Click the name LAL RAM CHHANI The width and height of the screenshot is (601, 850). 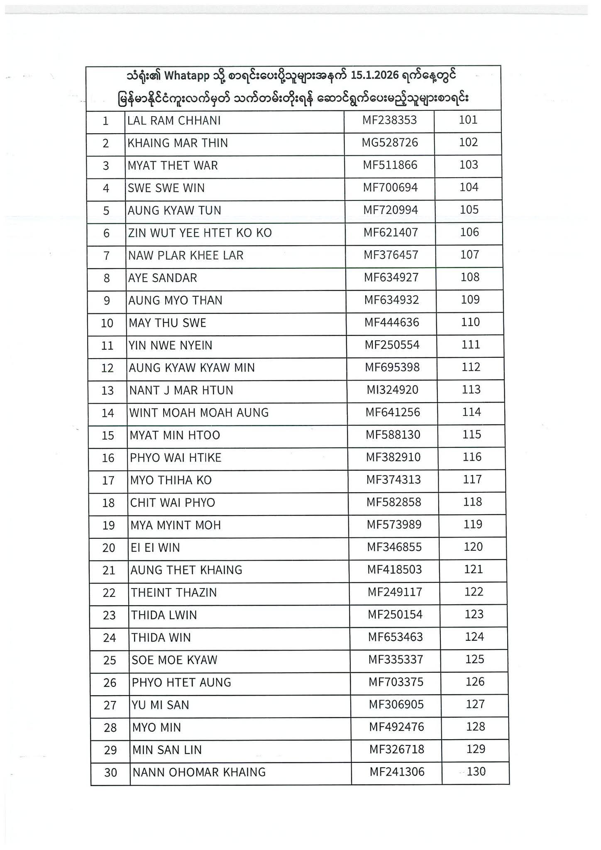coord(174,121)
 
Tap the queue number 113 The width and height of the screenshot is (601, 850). coord(471,390)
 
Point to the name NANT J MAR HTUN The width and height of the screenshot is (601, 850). coord(181,391)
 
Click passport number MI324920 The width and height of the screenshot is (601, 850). coord(392,390)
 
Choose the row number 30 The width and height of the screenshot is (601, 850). coord(110,773)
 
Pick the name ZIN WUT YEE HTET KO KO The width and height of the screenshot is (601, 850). coord(200,233)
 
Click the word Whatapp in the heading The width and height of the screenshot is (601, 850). coord(187,76)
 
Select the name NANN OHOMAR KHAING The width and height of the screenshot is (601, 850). coord(199,772)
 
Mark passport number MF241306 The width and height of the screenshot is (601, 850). coord(397,772)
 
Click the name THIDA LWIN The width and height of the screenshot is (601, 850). coord(164,615)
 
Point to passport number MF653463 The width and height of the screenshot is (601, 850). coord(395,637)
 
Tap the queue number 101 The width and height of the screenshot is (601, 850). coord(468,120)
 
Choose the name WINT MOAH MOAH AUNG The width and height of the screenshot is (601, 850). coord(199,413)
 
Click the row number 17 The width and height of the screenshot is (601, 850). coord(108,481)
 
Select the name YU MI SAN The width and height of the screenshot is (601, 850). coord(160,705)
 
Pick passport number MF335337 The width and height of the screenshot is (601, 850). coord(396,659)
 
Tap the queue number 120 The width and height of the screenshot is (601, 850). coord(473,547)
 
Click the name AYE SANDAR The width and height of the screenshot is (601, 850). coord(163,278)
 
